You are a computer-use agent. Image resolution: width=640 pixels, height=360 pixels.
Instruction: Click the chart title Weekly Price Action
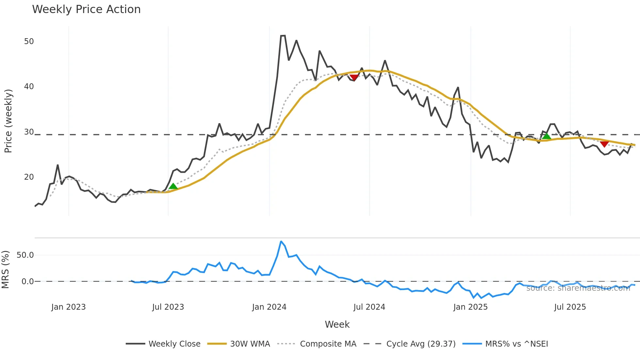[x=86, y=9]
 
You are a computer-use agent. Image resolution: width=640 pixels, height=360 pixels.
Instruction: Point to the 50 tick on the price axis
[x=29, y=41]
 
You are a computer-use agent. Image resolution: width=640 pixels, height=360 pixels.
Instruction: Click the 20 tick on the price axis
[x=29, y=177]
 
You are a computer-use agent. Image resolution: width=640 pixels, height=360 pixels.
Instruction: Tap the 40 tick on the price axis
[x=29, y=87]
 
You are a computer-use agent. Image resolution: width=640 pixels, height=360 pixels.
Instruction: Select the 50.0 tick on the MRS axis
[x=25, y=255]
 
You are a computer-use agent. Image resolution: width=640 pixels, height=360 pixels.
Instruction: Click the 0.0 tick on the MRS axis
[x=27, y=282]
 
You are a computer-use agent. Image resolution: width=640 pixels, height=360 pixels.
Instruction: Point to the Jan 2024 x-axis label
[x=269, y=307]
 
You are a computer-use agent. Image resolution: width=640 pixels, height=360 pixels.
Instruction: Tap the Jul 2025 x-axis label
[x=570, y=307]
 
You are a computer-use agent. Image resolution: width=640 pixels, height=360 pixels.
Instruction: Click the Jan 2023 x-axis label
[x=68, y=307]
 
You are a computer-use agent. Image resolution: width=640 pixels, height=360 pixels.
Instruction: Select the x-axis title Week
[x=337, y=324]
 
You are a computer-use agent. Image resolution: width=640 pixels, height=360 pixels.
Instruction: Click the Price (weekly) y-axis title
[x=8, y=121]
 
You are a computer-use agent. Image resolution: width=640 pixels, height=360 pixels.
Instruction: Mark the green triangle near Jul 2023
[x=173, y=186]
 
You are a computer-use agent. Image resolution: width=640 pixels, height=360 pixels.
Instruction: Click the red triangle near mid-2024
[x=354, y=77]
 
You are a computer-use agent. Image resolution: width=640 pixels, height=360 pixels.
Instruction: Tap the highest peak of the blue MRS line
[x=281, y=241]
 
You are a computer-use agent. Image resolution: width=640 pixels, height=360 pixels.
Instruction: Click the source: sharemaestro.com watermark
[x=578, y=288]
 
